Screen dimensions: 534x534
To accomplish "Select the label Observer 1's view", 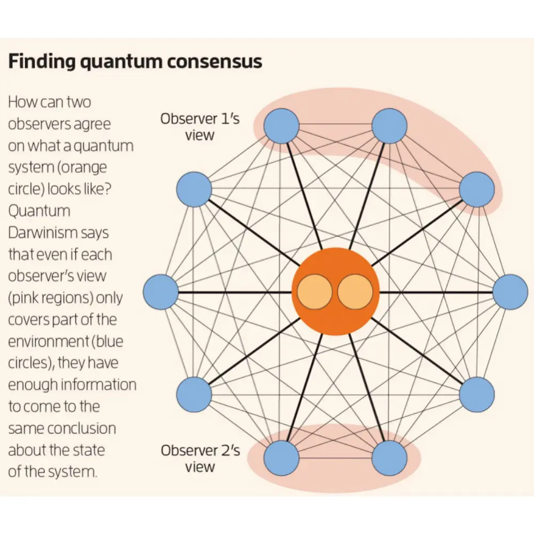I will [200, 127].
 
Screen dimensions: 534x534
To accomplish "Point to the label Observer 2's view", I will [200, 458].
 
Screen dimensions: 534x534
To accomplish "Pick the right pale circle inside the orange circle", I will [355, 292].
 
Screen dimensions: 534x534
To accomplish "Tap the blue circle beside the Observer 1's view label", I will [281, 126].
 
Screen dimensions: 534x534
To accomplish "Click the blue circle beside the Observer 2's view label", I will [281, 458].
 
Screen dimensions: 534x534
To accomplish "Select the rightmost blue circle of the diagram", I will [510, 292].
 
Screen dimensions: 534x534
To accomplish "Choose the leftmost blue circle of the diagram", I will [161, 292].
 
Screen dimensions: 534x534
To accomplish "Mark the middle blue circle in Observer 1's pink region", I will [389, 126].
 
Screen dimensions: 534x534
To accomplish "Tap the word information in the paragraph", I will [98, 384].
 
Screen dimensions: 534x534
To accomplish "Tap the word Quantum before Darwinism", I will [39, 211].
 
